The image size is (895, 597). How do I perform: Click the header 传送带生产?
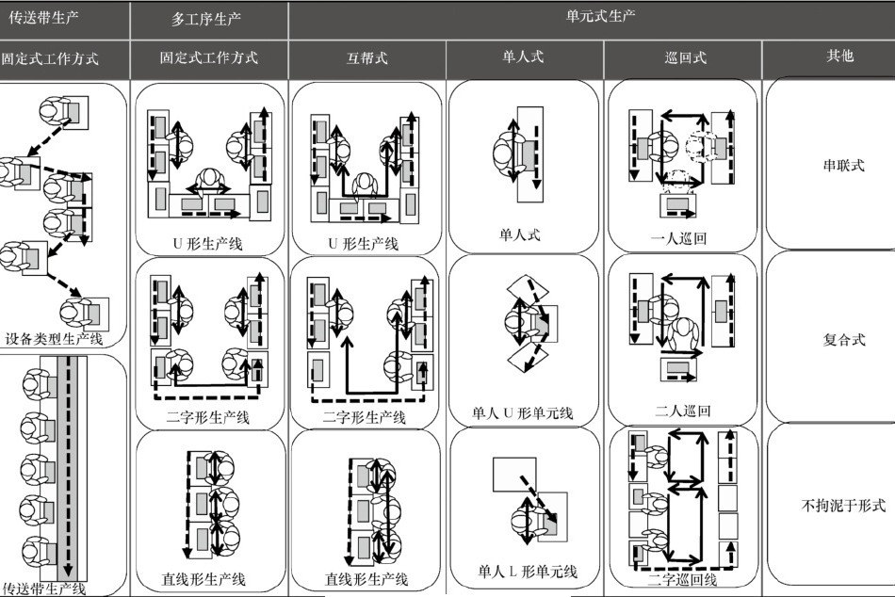click(x=44, y=18)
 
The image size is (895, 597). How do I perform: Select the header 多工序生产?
click(x=206, y=19)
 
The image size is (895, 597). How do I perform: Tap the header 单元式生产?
click(x=600, y=16)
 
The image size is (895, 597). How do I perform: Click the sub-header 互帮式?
click(x=367, y=57)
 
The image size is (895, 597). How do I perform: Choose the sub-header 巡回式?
click(x=686, y=57)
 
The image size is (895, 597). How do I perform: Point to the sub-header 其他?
click(x=839, y=56)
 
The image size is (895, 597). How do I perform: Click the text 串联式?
click(x=843, y=166)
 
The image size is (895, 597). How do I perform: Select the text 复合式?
click(x=843, y=340)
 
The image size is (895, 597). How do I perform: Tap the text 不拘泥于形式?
click(x=843, y=505)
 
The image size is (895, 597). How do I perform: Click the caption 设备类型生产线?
click(x=54, y=338)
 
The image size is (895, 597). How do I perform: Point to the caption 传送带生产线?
click(x=44, y=589)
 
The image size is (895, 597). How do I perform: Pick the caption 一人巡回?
click(x=678, y=238)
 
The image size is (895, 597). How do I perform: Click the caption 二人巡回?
click(x=683, y=411)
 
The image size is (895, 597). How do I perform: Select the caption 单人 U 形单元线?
click(x=522, y=412)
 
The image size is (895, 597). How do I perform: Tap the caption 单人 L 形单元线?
click(x=527, y=571)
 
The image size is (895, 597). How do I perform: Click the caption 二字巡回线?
click(x=682, y=580)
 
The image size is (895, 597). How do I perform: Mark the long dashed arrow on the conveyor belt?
click(x=69, y=466)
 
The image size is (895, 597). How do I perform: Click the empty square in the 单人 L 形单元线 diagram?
click(x=514, y=475)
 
